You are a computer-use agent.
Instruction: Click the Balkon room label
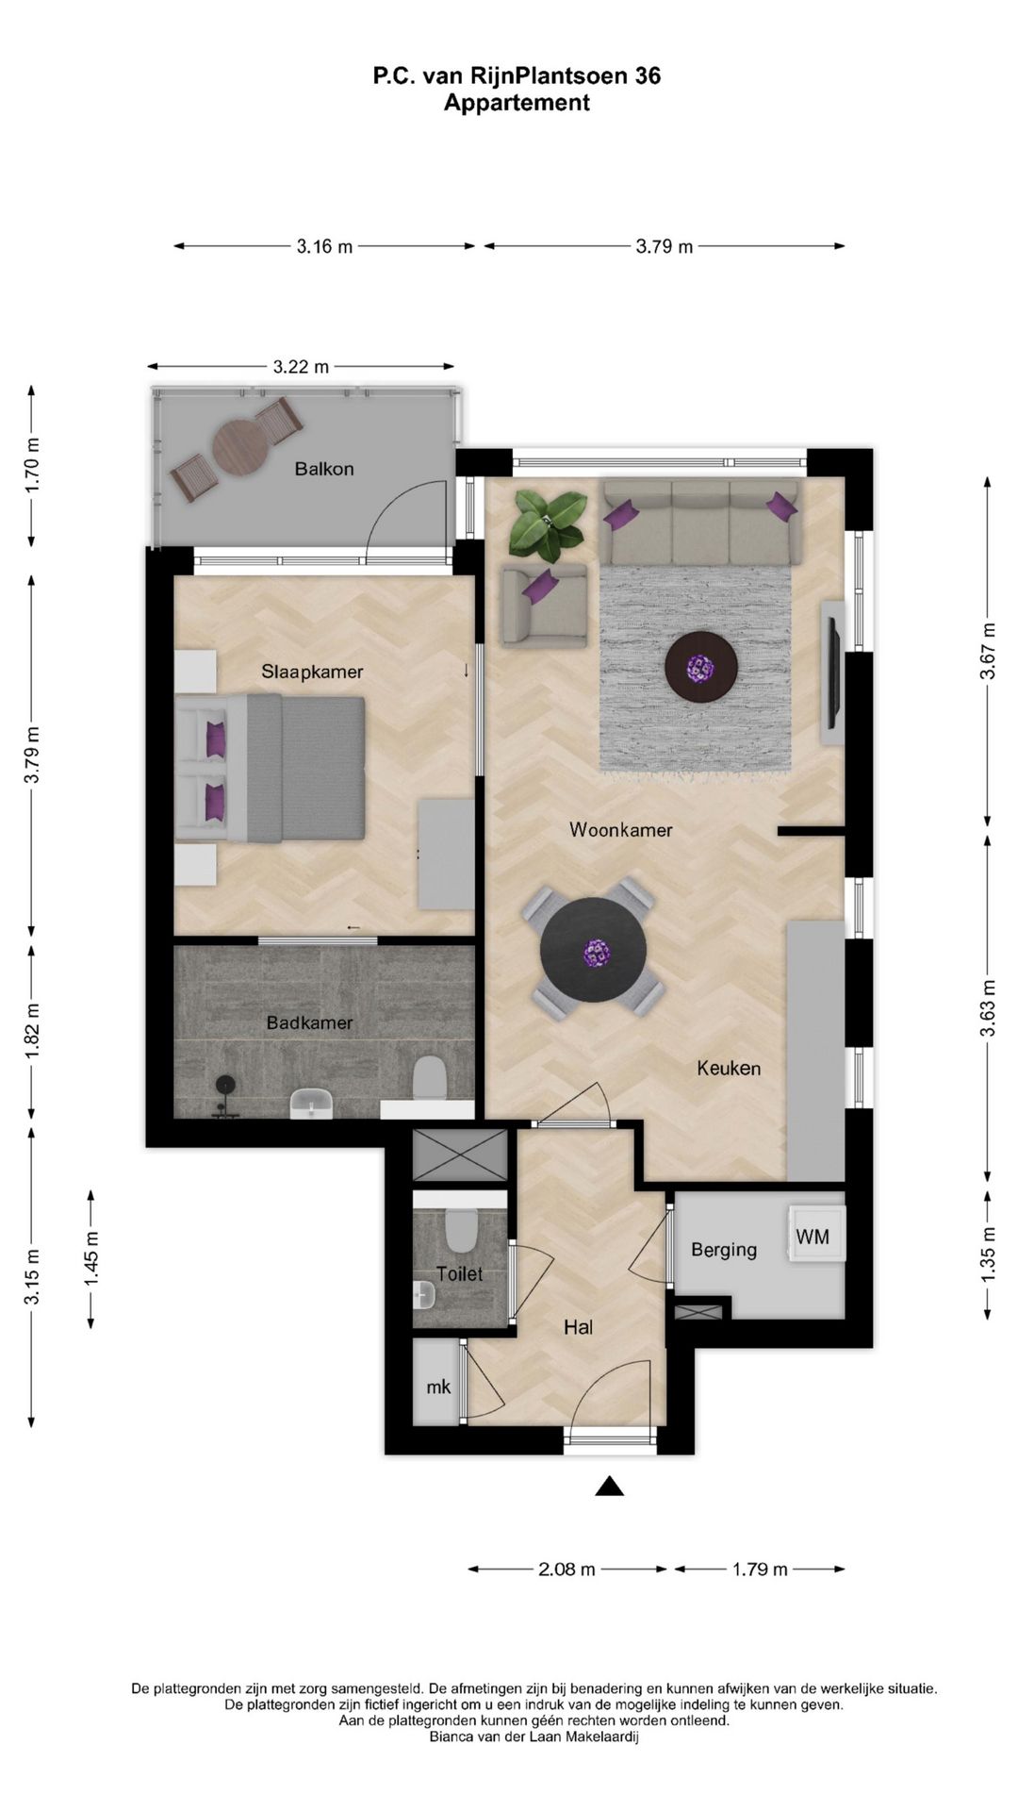(323, 469)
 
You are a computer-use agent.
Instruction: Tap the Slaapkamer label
(312, 672)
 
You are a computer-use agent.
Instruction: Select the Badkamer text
(309, 1022)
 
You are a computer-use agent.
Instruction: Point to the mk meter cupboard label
(438, 1387)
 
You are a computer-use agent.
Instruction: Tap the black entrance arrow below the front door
(610, 1487)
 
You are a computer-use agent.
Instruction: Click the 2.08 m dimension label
(566, 1570)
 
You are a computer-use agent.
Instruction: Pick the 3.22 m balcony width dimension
(302, 367)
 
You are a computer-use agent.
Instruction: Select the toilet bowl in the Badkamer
(430, 1078)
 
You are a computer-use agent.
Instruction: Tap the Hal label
(578, 1327)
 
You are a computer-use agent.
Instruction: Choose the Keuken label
(729, 1068)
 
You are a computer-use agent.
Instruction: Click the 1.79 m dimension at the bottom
(760, 1570)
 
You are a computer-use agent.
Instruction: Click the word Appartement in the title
(517, 103)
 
